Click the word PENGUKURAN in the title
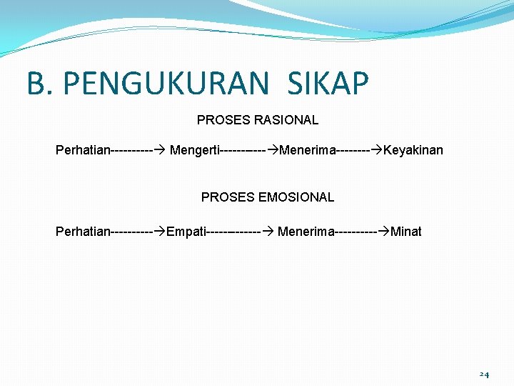tap(166, 84)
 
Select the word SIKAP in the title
tap(328, 84)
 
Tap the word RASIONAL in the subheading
tap(286, 120)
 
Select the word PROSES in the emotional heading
tap(228, 197)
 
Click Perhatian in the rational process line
tap(83, 150)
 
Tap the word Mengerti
tap(195, 150)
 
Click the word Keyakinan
tap(413, 150)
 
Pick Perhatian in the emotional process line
tap(83, 232)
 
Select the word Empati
tap(185, 232)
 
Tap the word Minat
tap(406, 232)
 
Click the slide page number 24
tap(484, 375)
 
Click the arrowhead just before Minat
tap(384, 232)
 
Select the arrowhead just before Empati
tap(160, 232)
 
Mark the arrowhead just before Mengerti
tap(160, 150)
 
